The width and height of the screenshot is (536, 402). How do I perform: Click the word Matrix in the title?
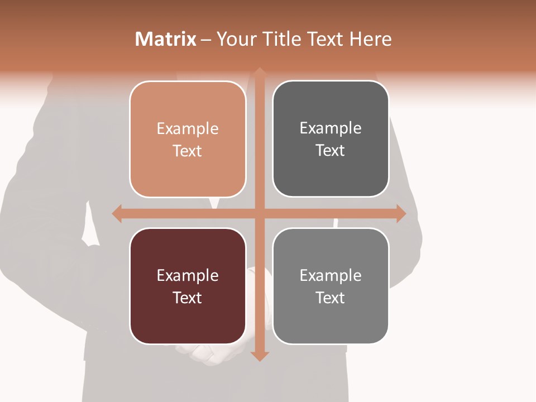point(166,39)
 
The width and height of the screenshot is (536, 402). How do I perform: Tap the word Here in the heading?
point(370,39)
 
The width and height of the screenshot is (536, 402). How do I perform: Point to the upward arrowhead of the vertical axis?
point(260,72)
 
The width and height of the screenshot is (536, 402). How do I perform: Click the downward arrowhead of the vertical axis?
point(260,356)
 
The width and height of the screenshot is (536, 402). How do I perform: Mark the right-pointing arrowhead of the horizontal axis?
point(401,213)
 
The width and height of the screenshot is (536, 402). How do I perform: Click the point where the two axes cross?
point(260,213)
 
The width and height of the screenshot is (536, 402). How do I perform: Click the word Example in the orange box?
point(188,129)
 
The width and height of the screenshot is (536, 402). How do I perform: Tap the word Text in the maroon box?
point(188,298)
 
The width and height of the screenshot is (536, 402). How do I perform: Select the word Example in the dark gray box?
point(331,128)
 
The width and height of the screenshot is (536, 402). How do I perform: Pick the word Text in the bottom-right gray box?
point(331,298)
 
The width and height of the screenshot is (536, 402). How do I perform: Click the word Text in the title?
point(324,39)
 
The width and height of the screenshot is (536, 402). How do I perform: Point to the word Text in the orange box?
point(188,151)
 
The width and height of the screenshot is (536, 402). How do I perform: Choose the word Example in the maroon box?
point(188,276)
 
